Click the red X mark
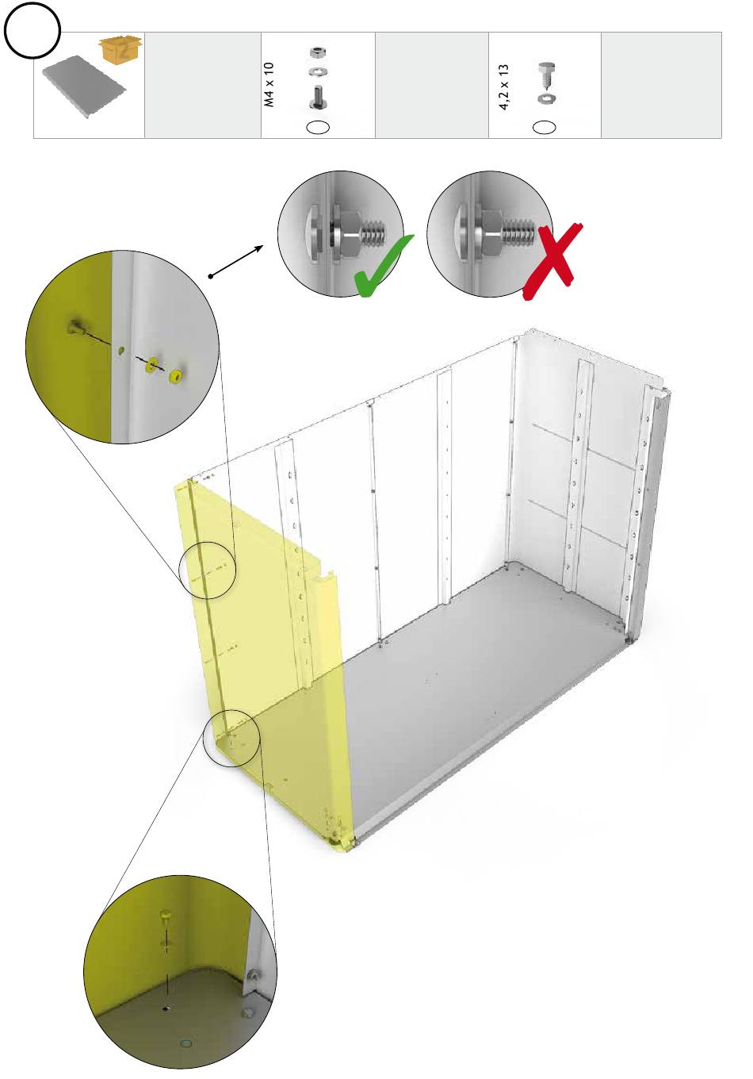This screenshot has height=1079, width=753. coord(553,263)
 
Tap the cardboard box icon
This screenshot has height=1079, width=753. coord(120,48)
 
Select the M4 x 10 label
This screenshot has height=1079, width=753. coord(269,85)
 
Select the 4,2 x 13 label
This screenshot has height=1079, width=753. coord(503,87)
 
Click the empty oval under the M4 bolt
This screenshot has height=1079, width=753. coord(318,127)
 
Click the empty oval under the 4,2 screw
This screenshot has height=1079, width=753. coord(545,127)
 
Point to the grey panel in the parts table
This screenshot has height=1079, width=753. coord(84,86)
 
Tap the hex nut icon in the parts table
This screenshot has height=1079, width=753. coord(318,52)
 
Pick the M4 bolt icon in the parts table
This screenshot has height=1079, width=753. coord(318,98)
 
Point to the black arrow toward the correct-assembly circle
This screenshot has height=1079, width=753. coord(237,262)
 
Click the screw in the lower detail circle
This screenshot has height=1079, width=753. coord(166,920)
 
